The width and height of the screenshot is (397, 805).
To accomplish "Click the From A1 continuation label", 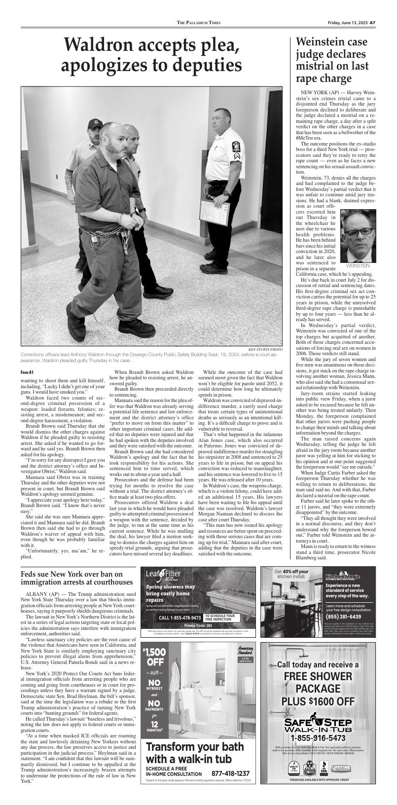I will coord(27,372).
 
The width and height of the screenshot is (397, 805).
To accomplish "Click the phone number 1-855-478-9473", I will coord(180,618).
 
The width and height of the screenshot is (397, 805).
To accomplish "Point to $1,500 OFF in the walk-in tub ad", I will coord(154,658).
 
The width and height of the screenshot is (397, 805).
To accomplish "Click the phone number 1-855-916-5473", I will coord(318,738).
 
